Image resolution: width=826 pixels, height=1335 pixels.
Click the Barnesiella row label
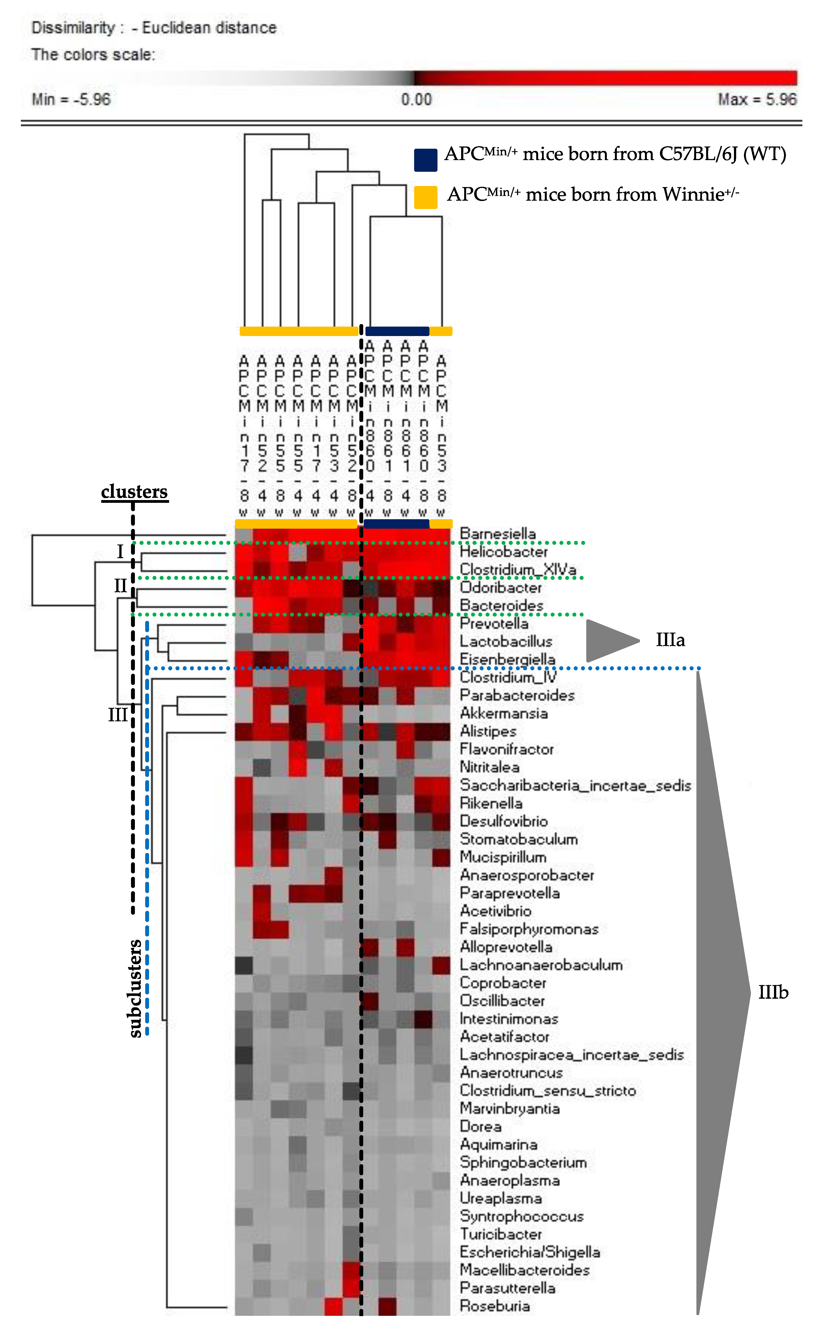[x=497, y=533]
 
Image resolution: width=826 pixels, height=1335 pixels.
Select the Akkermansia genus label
[x=503, y=713]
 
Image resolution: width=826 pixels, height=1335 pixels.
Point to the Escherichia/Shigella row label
[x=529, y=1252]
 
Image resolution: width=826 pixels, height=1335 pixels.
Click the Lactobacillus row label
[x=505, y=642]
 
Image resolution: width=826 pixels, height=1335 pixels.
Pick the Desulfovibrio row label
[x=503, y=821]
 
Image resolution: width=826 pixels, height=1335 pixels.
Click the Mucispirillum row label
[x=503, y=857]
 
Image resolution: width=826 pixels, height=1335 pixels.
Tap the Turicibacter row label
[x=500, y=1234]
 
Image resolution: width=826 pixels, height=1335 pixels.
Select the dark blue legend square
[x=426, y=160]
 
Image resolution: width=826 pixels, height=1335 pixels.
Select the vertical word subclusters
[x=135, y=988]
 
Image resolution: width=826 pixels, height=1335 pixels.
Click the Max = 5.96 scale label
[x=757, y=100]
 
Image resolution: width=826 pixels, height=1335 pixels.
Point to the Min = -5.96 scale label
[x=71, y=100]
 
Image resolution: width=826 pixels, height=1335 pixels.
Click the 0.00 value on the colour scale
[x=416, y=100]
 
